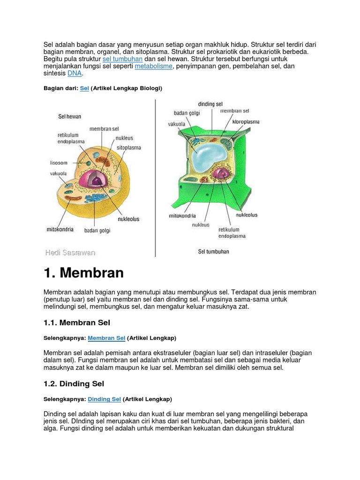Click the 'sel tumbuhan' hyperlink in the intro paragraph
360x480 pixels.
tap(122, 59)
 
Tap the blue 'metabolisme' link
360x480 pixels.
tap(153, 67)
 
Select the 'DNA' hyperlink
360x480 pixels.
tap(75, 74)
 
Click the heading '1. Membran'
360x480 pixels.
tap(83, 273)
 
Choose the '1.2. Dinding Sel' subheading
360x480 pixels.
tap(74, 383)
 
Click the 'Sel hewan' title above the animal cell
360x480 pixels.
tap(70, 116)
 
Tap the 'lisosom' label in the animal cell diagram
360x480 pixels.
tap(59, 163)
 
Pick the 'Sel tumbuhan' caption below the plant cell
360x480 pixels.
tap(213, 252)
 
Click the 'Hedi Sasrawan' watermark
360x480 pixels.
tap(70, 253)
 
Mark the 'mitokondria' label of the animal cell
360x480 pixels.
tap(60, 230)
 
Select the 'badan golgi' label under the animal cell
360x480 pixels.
tap(97, 230)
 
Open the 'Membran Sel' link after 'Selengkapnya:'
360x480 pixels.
tap(106, 337)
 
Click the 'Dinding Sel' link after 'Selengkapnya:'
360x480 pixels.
tap(104, 399)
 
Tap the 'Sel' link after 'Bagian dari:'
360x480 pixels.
tap(84, 88)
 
